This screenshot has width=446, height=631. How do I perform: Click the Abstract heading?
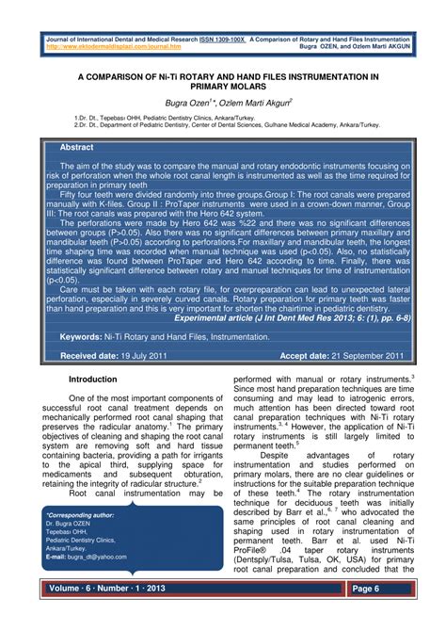77,149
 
